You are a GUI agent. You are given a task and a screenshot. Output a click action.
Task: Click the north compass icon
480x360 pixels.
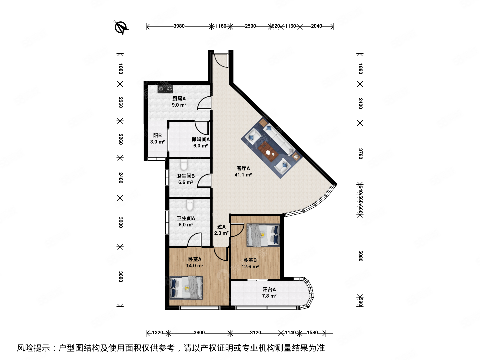point(121,27)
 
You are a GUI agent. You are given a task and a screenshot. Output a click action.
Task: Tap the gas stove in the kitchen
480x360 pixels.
point(165,89)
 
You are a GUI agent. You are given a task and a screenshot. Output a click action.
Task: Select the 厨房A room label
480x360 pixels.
point(179,99)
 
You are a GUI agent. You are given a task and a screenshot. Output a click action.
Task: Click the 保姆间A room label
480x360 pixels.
point(200,139)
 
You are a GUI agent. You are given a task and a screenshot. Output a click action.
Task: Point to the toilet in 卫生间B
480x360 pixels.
point(184,165)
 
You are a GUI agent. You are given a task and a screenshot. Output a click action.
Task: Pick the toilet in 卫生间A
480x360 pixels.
point(190,205)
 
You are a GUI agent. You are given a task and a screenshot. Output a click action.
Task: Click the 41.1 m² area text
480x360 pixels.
point(243,175)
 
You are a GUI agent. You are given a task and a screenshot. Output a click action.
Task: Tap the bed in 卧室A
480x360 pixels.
point(186,287)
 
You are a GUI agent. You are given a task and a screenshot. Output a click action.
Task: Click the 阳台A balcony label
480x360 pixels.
point(269,290)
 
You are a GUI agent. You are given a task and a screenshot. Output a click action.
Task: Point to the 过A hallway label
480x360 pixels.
point(221,227)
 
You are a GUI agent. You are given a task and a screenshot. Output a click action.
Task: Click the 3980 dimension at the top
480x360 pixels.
point(179,26)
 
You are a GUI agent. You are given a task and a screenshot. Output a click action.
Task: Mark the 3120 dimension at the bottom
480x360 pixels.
point(255,333)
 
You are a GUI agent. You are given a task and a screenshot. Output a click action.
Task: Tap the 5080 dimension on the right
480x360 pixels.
point(360,256)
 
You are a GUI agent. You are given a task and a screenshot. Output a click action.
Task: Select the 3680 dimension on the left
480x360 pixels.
point(120,276)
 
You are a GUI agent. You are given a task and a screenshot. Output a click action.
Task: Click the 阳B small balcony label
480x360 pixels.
point(157,136)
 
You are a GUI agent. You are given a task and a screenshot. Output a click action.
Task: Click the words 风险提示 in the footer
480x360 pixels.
point(34,348)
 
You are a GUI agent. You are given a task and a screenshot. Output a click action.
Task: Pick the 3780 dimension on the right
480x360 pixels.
point(360,154)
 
